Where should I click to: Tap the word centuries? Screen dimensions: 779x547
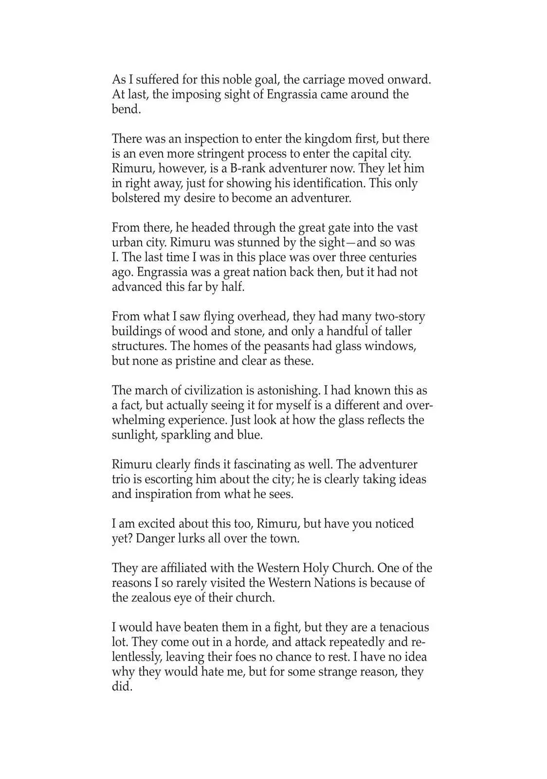392,257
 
